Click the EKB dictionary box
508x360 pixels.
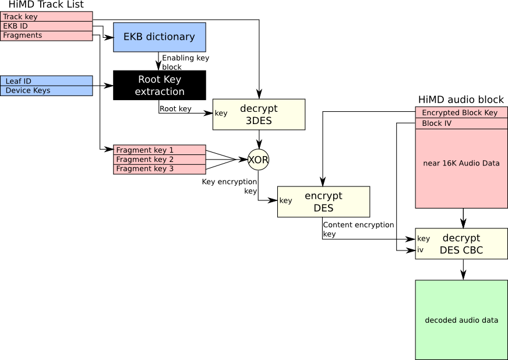click(159, 37)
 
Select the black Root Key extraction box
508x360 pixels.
click(159, 85)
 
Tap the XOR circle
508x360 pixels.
click(258, 160)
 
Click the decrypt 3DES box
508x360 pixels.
click(259, 114)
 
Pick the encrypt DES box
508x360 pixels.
click(323, 202)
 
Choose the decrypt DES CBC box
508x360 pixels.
click(461, 243)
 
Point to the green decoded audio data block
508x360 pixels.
click(461, 320)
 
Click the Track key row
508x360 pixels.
click(47, 17)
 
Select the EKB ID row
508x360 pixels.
click(47, 26)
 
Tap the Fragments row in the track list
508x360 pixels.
click(47, 36)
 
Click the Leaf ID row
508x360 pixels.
click(47, 81)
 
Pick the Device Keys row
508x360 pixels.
click(47, 90)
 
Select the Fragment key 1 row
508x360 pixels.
click(159, 150)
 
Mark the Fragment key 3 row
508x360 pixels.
click(159, 169)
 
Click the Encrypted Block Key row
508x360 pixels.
click(461, 113)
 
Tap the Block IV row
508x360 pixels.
click(461, 123)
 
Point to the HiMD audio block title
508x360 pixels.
click(461, 100)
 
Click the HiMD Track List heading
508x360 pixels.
click(46, 5)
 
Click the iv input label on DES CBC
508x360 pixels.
click(421, 250)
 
